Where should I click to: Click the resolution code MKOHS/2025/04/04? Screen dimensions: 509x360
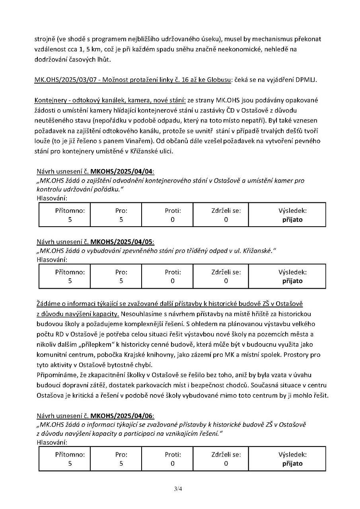(x=122, y=171)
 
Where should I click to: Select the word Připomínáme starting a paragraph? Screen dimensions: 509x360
(x=55, y=375)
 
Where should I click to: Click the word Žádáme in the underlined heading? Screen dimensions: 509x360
(x=48, y=304)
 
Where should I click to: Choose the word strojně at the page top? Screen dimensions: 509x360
(x=45, y=39)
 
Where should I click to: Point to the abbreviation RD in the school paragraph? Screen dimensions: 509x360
(x=58, y=334)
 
